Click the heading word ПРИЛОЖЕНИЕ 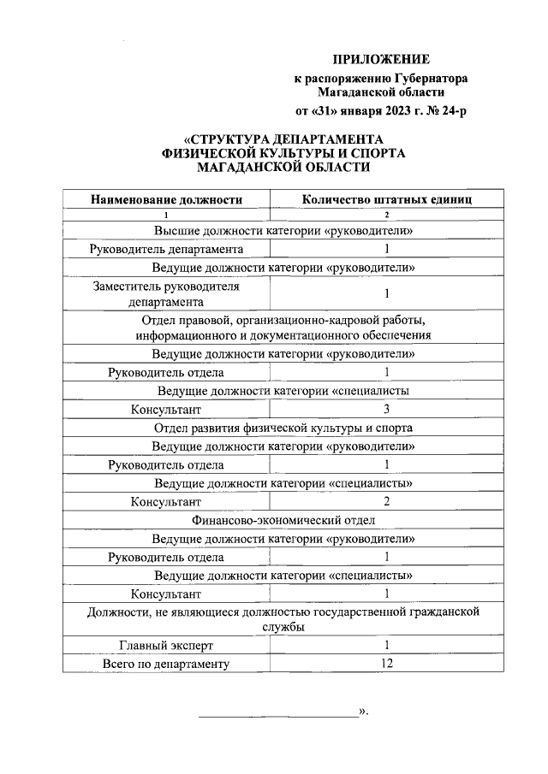pyautogui.click(x=379, y=59)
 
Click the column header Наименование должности pyautogui.click(x=166, y=199)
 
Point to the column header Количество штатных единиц pyautogui.click(x=387, y=199)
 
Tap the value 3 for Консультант pyautogui.click(x=387, y=410)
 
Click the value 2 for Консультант pyautogui.click(x=387, y=501)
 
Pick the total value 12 pyautogui.click(x=387, y=663)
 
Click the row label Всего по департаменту pyautogui.click(x=166, y=663)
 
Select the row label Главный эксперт pyautogui.click(x=166, y=645)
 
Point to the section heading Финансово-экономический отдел pyautogui.click(x=283, y=520)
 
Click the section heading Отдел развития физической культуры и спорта pyautogui.click(x=283, y=428)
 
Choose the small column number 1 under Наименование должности pyautogui.click(x=166, y=215)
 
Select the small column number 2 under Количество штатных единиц pyautogui.click(x=387, y=215)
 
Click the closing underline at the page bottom pyautogui.click(x=278, y=715)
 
